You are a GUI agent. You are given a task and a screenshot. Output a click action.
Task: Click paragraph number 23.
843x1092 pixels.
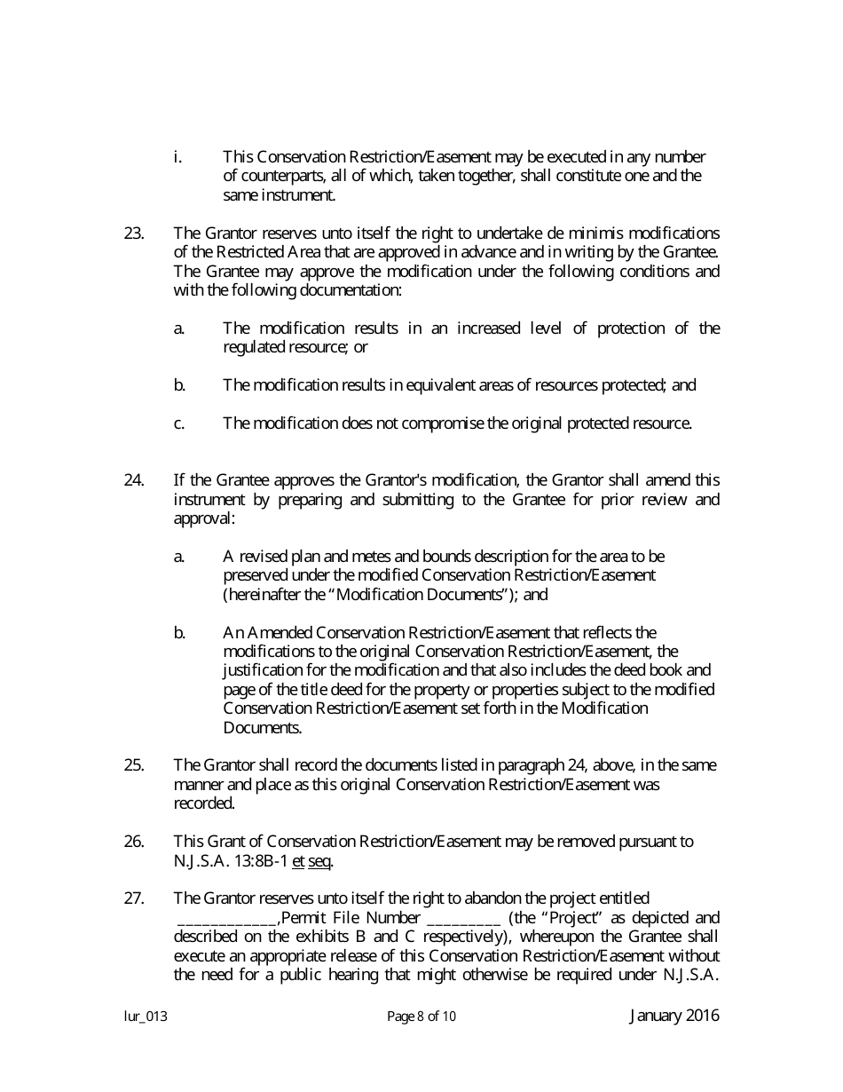(x=133, y=233)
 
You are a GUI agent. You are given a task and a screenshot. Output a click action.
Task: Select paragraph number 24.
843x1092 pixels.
(x=133, y=480)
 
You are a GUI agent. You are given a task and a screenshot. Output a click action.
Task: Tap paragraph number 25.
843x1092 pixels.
(x=133, y=765)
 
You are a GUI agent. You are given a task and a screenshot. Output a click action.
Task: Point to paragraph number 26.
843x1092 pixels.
(x=133, y=842)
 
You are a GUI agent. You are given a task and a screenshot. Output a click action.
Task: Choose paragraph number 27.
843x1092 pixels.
(x=133, y=898)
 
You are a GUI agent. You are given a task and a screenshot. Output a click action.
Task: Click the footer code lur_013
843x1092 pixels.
(x=146, y=1017)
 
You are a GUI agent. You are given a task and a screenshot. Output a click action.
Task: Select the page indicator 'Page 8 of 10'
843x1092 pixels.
(x=421, y=1017)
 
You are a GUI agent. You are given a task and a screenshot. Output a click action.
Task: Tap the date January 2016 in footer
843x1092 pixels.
(x=674, y=1016)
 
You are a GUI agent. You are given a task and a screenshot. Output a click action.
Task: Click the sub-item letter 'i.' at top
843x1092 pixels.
(x=177, y=157)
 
